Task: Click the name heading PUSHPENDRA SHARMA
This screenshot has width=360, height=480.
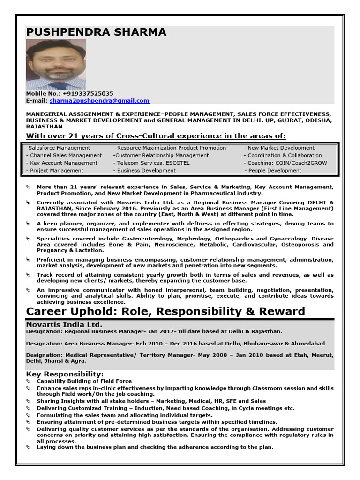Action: click(x=96, y=32)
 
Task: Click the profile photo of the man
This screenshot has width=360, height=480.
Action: click(x=56, y=64)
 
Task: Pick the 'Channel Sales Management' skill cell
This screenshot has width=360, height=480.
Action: click(x=64, y=155)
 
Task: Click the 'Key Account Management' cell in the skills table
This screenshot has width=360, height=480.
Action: click(x=62, y=163)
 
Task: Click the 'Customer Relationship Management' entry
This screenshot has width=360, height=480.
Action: click(x=161, y=155)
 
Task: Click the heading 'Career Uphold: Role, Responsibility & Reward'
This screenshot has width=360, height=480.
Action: click(x=165, y=311)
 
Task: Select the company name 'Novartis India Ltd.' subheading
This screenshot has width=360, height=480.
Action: click(x=64, y=324)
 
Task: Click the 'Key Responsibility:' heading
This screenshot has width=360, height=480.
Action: click(x=65, y=374)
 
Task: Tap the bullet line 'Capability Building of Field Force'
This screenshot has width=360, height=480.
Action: click(x=84, y=381)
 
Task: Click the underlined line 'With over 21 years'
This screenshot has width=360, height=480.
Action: click(x=156, y=136)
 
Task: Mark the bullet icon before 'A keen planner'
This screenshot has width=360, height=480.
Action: click(x=29, y=224)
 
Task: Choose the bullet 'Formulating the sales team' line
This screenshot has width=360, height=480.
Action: click(x=125, y=415)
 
